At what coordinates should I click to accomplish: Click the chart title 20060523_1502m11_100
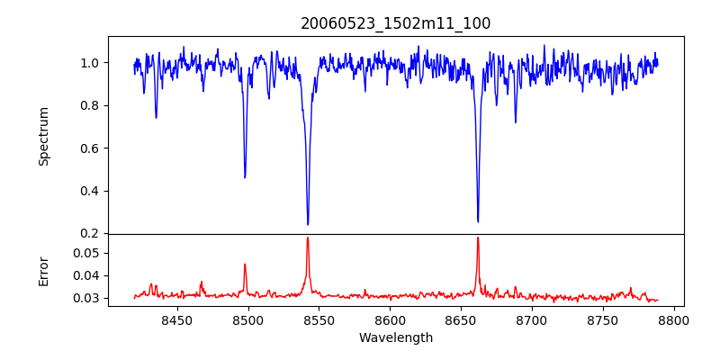tap(396, 23)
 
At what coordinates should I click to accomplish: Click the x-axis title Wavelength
tap(396, 338)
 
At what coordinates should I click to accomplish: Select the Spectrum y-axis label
tap(43, 136)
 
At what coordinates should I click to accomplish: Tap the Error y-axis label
tap(43, 271)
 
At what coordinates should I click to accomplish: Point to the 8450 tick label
tap(176, 319)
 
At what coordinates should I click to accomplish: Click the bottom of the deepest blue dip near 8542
tap(308, 224)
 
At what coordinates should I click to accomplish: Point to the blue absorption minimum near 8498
tap(245, 177)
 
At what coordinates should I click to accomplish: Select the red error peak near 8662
tap(478, 238)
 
